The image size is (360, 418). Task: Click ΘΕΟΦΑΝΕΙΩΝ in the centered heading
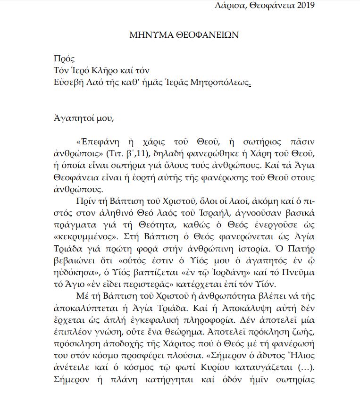[201, 35]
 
